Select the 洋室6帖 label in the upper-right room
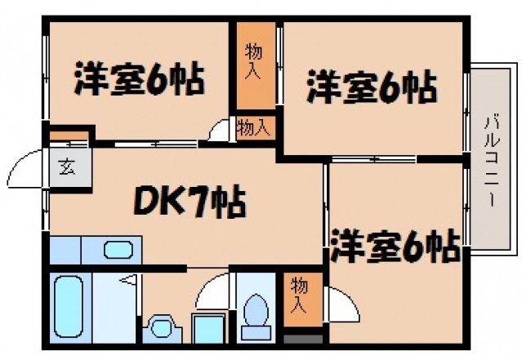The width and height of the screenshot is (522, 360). (371, 88)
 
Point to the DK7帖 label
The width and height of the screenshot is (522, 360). (185, 200)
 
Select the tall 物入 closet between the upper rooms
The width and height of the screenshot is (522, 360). (253, 62)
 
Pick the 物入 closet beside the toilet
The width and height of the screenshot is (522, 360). (301, 296)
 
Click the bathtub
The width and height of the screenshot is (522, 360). (72, 307)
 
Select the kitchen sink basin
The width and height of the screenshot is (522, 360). (118, 250)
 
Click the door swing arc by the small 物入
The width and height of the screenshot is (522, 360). (219, 131)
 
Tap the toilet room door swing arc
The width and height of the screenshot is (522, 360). (214, 290)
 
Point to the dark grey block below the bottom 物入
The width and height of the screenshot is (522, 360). (301, 339)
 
